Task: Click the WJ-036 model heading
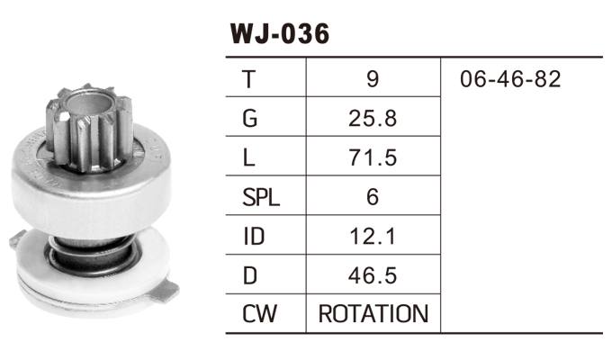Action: [279, 33]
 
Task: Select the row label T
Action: [248, 79]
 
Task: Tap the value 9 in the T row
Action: [373, 79]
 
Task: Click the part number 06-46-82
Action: [509, 79]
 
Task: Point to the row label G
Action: [249, 118]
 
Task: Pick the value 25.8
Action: [373, 118]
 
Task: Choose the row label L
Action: [248, 157]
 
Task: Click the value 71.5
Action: [373, 157]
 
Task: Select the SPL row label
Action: [261, 196]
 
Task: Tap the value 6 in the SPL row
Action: [373, 196]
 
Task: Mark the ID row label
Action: [253, 236]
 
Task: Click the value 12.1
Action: [373, 236]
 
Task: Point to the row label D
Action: [249, 274]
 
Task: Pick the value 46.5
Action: [373, 274]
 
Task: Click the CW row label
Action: [258, 314]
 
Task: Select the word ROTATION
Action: [373, 314]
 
